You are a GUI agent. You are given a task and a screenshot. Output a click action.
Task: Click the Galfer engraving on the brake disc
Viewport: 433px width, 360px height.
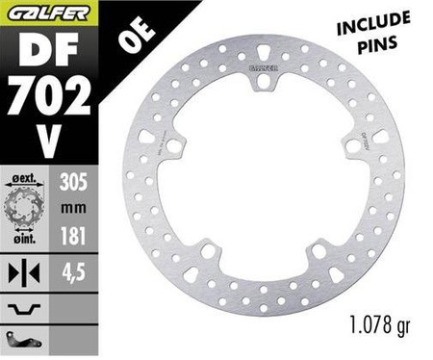click(x=259, y=68)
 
